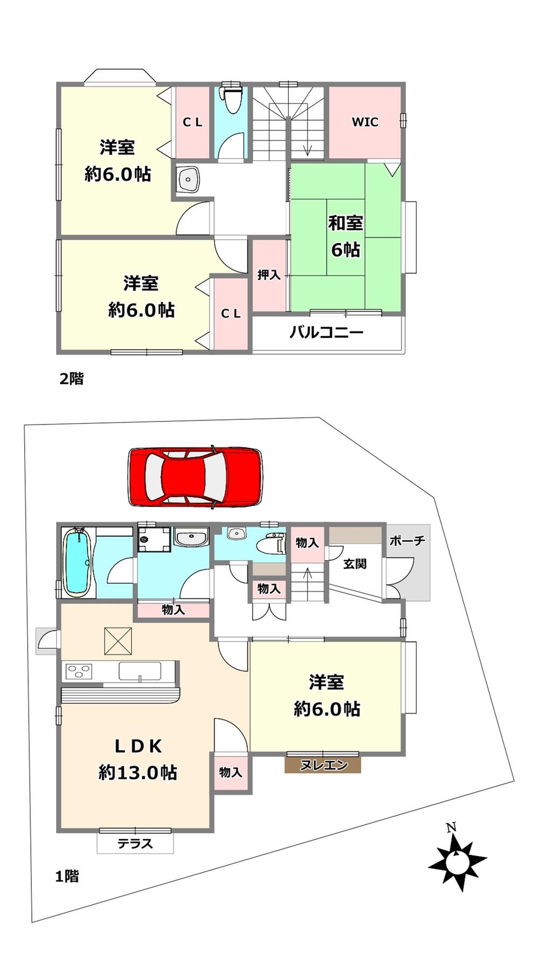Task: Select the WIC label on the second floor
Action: [x=365, y=122]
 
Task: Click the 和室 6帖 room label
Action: [x=345, y=236]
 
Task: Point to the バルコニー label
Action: [x=327, y=332]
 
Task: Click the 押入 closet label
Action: [x=268, y=275]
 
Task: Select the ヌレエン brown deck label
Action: [x=323, y=765]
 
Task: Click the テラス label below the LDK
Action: [x=135, y=844]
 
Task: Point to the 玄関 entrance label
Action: [x=355, y=564]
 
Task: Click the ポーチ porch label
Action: [x=407, y=541]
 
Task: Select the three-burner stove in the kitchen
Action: [x=79, y=671]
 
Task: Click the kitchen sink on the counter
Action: [x=140, y=672]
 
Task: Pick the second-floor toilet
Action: [x=232, y=99]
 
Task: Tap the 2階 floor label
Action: [x=71, y=378]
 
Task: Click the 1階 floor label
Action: [x=67, y=876]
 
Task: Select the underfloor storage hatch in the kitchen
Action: [x=118, y=641]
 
